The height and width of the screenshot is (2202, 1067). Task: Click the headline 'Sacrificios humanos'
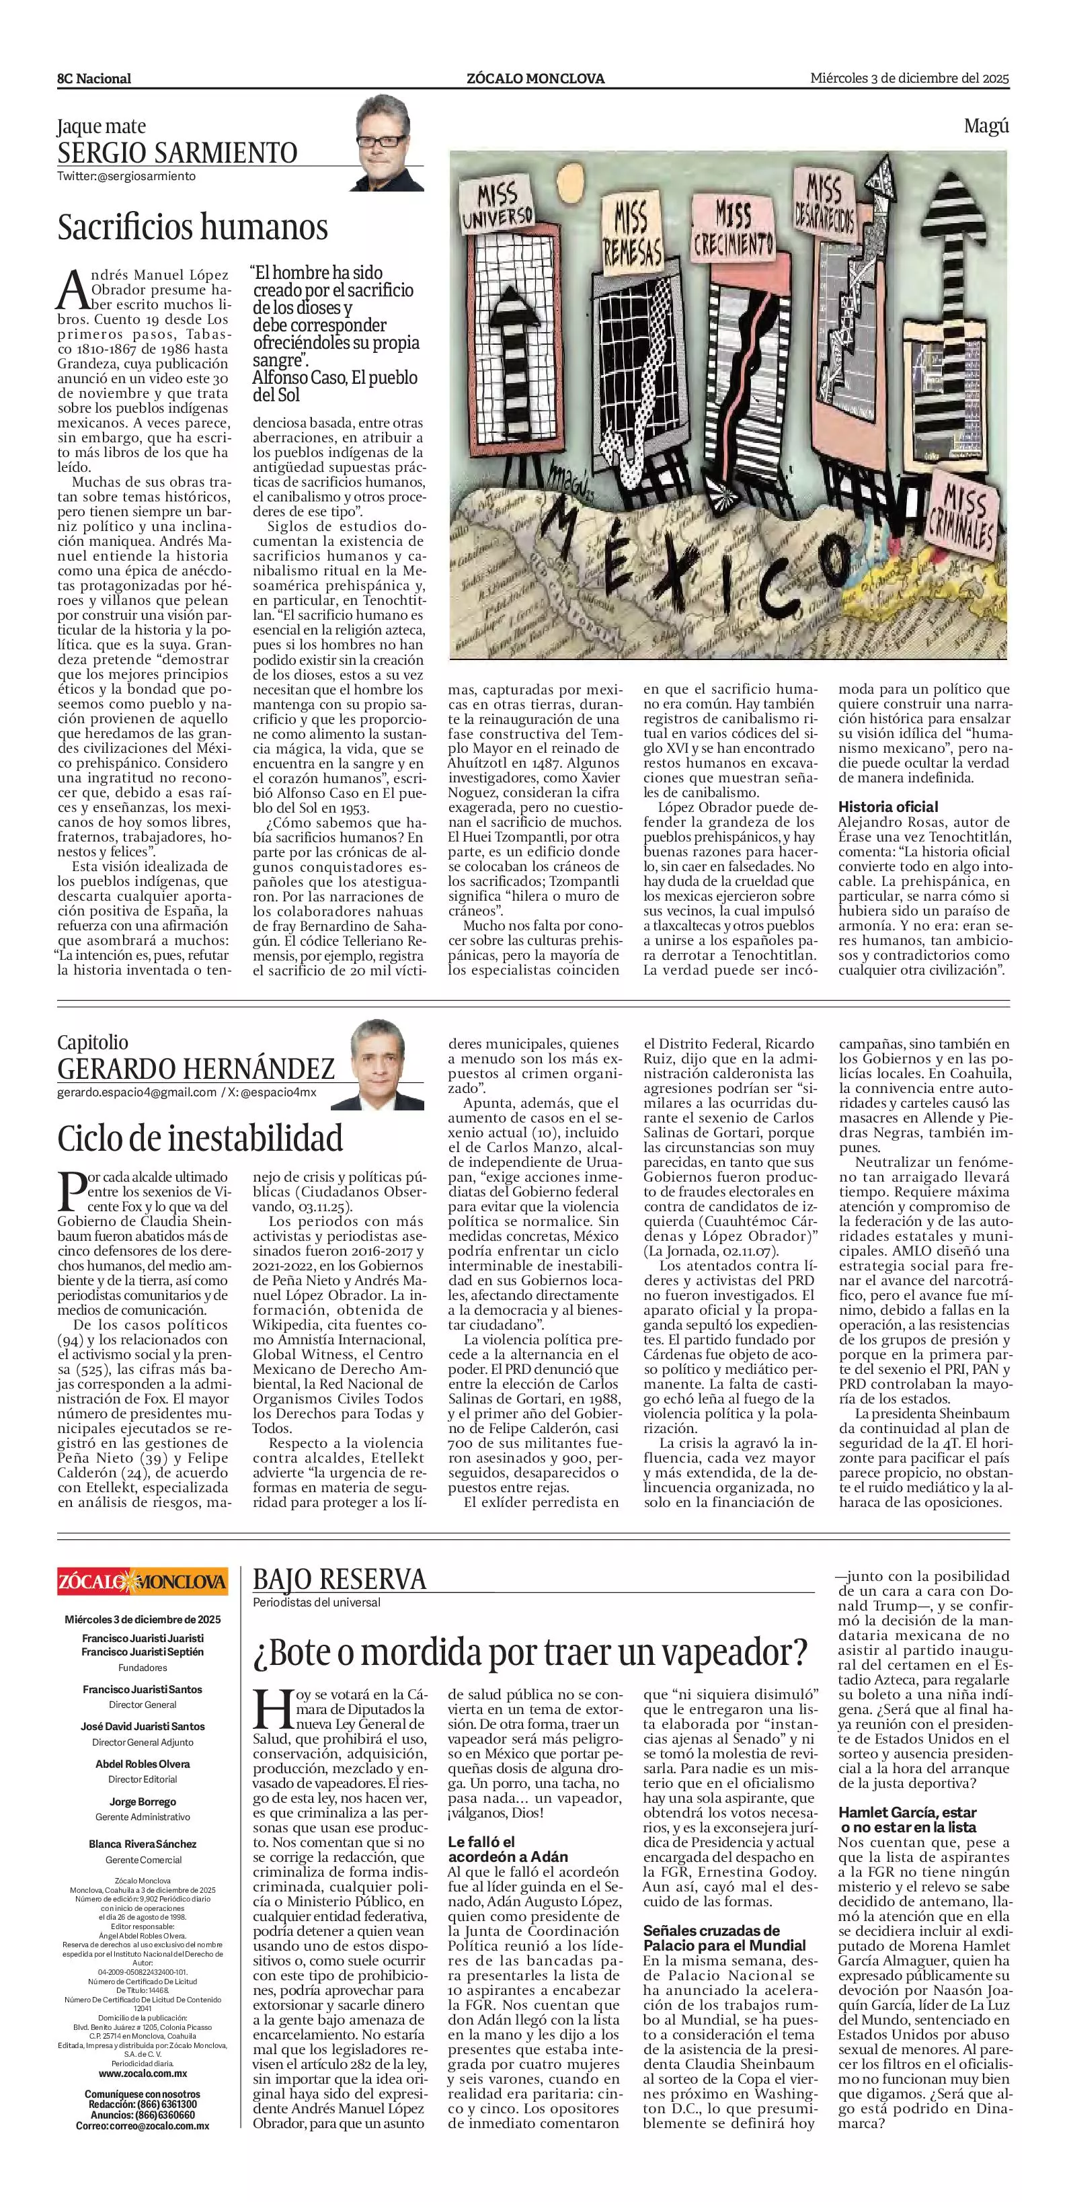192,227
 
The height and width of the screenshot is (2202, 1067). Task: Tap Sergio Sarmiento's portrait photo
389,142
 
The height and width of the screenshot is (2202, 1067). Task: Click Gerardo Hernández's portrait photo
378,1063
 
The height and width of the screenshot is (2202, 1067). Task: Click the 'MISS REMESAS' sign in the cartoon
633,233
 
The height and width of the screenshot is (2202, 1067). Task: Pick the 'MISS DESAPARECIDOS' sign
825,205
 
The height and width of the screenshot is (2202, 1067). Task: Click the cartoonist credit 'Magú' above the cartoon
986,126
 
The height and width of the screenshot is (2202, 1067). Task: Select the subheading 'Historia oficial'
887,806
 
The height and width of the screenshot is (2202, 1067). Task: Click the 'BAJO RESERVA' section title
340,1579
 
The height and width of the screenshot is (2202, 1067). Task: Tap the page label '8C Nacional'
95,79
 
